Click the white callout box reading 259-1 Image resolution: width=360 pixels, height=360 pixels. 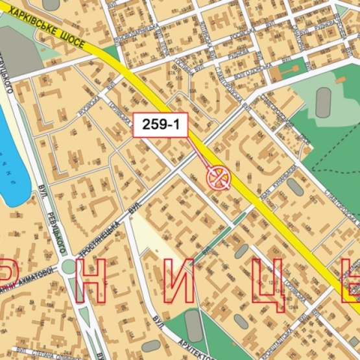[161, 125]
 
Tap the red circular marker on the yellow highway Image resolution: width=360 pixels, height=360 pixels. [219, 176]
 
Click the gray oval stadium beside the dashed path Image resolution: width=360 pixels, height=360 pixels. [323, 102]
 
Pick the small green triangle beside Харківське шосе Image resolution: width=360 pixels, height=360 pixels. [110, 52]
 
